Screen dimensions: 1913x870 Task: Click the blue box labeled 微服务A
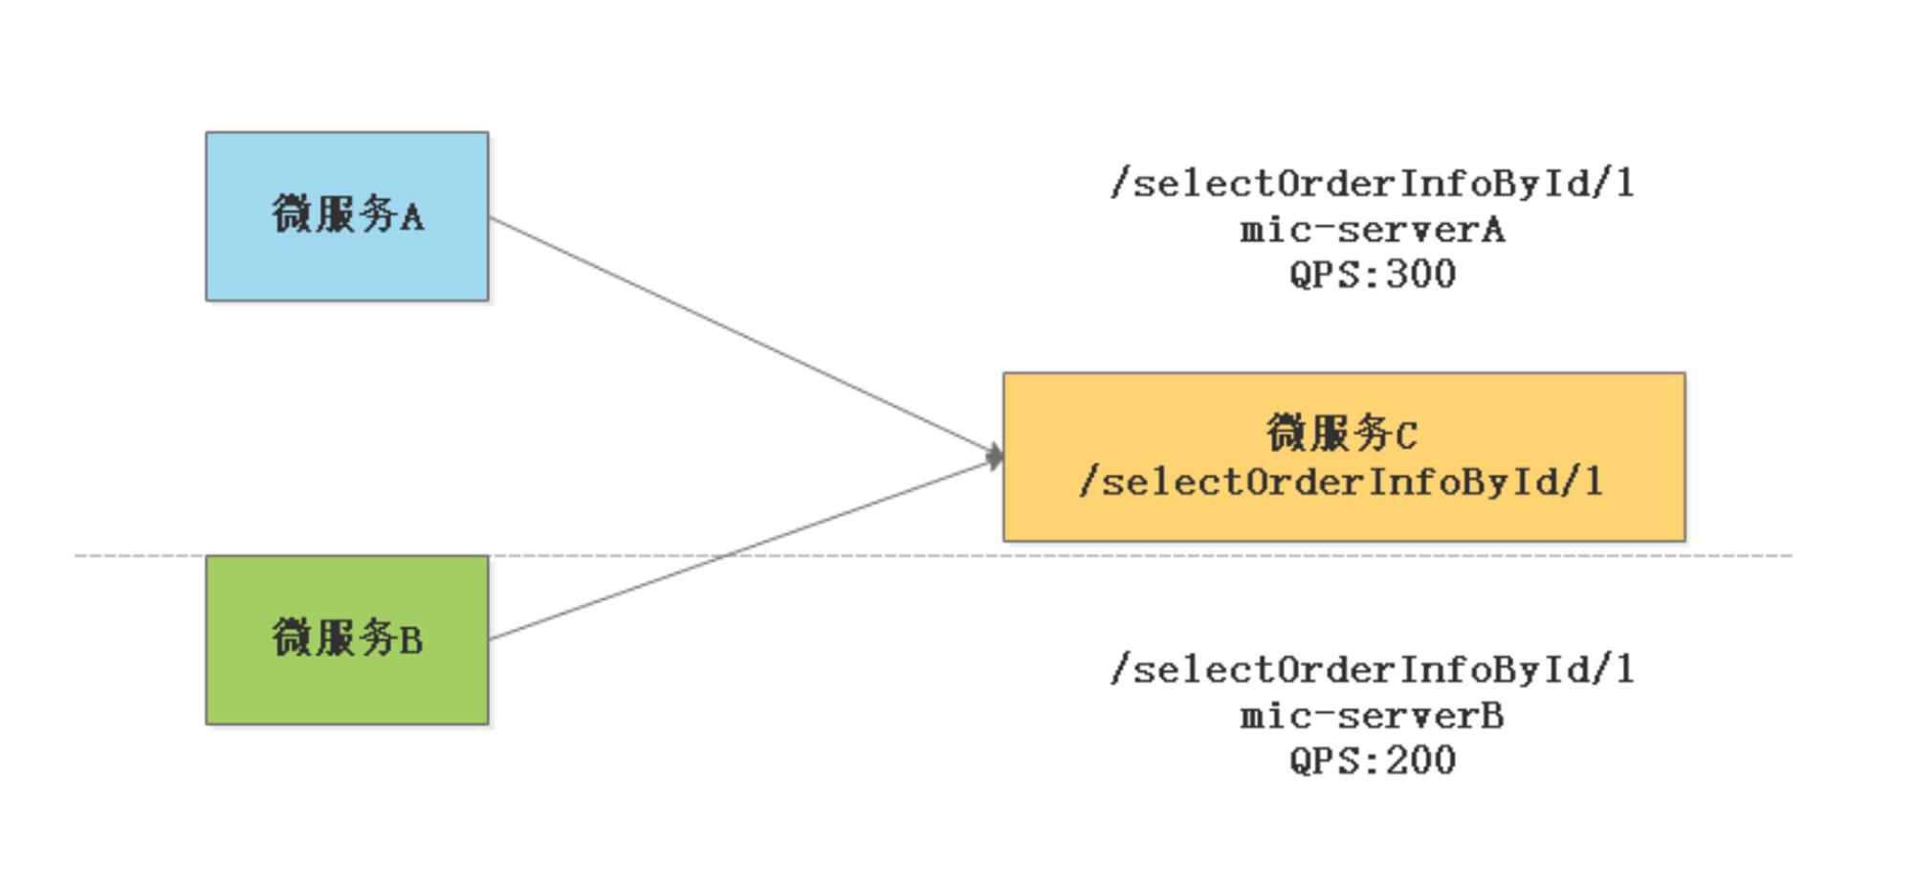pyautogui.click(x=347, y=216)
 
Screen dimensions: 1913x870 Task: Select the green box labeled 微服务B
pyautogui.click(x=347, y=640)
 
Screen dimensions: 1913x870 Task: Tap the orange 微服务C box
pyautogui.click(x=1344, y=457)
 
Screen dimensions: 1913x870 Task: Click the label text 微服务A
pyautogui.click(x=347, y=214)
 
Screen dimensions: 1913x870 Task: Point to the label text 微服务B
pyautogui.click(x=347, y=637)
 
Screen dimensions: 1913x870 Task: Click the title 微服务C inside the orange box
pyautogui.click(x=1342, y=434)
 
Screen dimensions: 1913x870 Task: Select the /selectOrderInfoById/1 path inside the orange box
pyautogui.click(x=1341, y=481)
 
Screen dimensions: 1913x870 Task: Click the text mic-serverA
pyautogui.click(x=1373, y=230)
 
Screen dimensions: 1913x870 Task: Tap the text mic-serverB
pyautogui.click(x=1373, y=716)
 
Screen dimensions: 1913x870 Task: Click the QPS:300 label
pyautogui.click(x=1373, y=275)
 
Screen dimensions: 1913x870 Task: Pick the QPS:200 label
pyautogui.click(x=1373, y=761)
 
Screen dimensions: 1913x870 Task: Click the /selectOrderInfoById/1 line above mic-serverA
pyautogui.click(x=1373, y=183)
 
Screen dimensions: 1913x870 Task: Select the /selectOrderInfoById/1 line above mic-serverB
pyautogui.click(x=1373, y=669)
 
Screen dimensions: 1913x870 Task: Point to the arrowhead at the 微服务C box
pyautogui.click(x=995, y=457)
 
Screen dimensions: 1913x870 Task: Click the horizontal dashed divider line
pyautogui.click(x=934, y=555)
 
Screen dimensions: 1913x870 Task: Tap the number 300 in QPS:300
pyautogui.click(x=1421, y=275)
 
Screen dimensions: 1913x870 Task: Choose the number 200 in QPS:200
pyautogui.click(x=1421, y=761)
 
